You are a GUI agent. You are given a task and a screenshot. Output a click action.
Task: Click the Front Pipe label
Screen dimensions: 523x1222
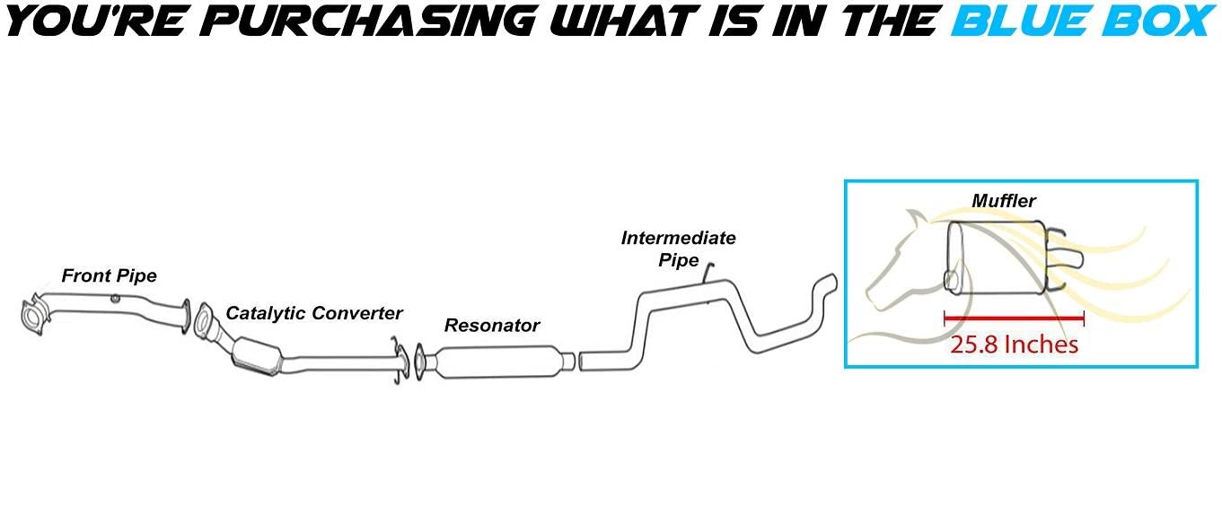[109, 276]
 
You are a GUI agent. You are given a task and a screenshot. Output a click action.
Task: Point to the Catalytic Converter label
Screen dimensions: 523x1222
[313, 313]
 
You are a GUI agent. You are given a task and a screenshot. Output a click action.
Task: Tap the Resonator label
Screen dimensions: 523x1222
[491, 326]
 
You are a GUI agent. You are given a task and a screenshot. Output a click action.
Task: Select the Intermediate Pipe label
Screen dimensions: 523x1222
[678, 248]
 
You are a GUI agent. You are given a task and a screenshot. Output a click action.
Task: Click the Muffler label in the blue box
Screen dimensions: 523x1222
[1003, 202]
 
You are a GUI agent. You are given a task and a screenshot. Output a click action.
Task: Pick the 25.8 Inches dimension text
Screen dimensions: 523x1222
[1014, 344]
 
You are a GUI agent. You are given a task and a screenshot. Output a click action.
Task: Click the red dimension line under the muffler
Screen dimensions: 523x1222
[1014, 318]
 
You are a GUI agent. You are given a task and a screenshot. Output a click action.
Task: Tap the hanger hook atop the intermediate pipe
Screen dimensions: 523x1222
[708, 270]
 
